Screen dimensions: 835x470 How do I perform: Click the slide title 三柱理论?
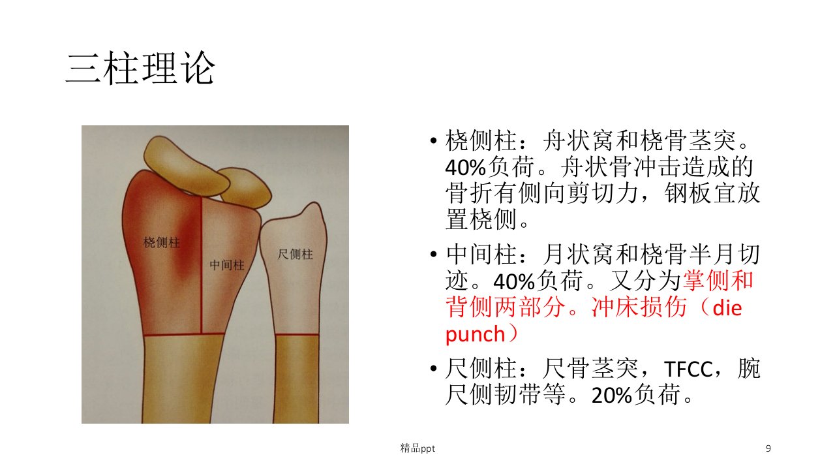140,68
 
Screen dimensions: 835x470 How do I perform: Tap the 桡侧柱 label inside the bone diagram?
162,242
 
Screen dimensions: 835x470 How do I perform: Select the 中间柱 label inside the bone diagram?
226,265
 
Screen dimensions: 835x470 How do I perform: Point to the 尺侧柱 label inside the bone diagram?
295,255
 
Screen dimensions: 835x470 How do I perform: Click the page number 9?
768,448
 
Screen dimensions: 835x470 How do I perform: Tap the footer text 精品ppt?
417,448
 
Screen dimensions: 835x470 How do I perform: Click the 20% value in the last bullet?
612,396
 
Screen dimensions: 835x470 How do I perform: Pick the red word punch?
475,335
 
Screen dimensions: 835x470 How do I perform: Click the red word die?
727,308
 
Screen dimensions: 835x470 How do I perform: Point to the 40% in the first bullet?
466,168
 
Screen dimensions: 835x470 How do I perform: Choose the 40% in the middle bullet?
514,282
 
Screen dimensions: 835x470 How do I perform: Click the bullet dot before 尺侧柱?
433,369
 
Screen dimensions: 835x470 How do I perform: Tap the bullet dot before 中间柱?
433,255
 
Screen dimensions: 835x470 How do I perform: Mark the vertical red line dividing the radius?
202,265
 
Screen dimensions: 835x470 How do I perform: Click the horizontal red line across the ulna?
297,335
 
